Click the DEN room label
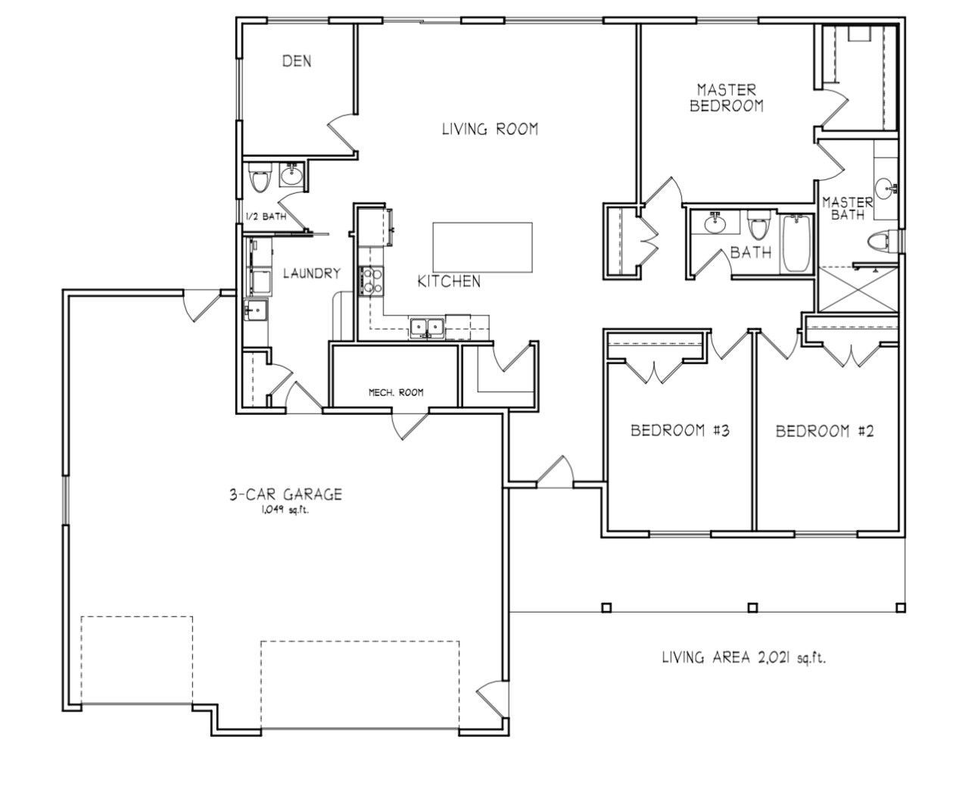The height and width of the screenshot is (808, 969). pos(297,61)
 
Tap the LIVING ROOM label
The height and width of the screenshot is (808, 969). pos(490,129)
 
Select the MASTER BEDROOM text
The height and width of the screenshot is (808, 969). pos(726,98)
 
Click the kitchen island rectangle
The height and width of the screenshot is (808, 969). pos(483,247)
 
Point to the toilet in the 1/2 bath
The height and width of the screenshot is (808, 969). pos(260,178)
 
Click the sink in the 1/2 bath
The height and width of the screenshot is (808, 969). pos(292,175)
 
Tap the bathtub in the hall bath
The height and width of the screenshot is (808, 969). pos(797,244)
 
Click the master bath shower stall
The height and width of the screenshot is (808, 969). pos(858,289)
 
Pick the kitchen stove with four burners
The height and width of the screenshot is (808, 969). pos(372,281)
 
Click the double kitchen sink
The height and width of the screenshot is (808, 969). pos(426,328)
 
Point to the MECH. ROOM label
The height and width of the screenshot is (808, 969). pos(396,392)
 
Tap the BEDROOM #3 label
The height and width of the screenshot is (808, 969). pos(680,430)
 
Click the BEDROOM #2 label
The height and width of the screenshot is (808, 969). pos(824,432)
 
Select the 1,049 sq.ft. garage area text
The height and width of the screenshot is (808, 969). pos(285,510)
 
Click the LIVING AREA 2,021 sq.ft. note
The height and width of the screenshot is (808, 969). pos(743,657)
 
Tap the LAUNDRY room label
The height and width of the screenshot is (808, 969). pos(312,273)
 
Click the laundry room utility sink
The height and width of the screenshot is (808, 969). pos(256,310)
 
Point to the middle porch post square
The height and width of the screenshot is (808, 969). pos(752,607)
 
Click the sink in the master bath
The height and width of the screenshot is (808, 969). pos(886,189)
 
